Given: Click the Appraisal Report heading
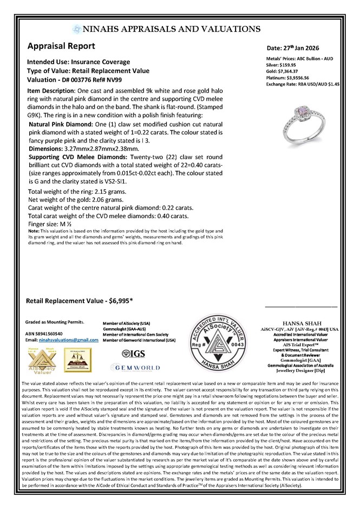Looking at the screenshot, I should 61,47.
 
